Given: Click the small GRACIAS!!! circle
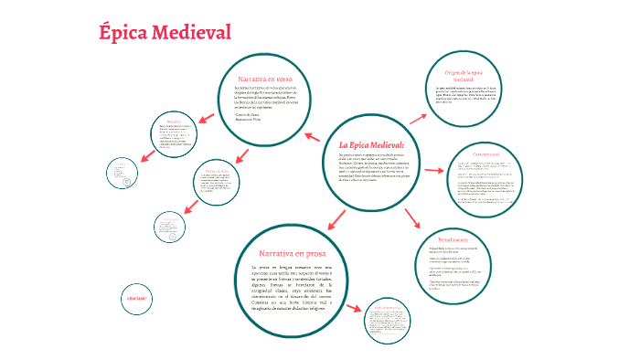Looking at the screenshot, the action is [x=135, y=299].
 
